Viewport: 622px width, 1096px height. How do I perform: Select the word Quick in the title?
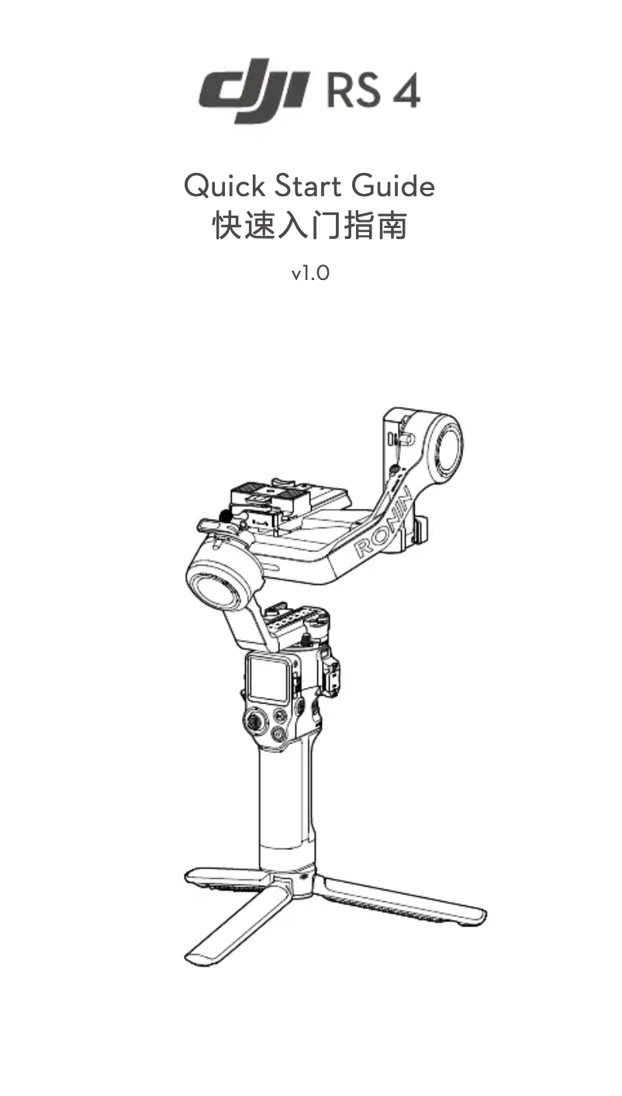219,186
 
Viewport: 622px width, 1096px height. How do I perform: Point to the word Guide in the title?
393,186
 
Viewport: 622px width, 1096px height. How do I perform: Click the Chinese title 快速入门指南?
310,227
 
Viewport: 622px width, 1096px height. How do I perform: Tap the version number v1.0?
310,273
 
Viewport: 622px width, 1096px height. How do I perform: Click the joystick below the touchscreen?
254,722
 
